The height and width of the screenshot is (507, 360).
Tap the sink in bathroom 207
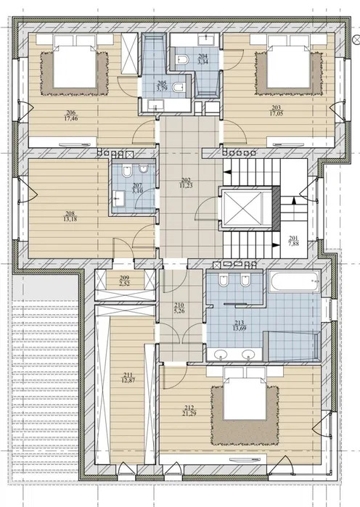click(x=118, y=195)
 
